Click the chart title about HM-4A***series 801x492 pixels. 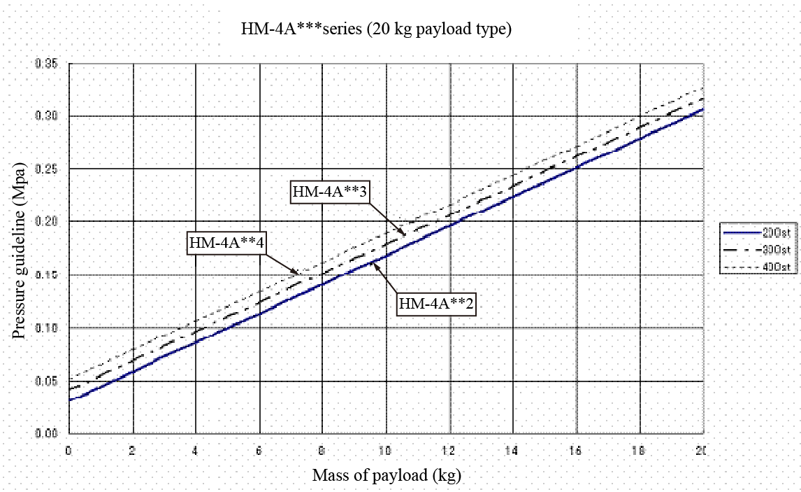click(376, 29)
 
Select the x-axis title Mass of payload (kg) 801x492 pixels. click(387, 476)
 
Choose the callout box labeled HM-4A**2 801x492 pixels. click(436, 304)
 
